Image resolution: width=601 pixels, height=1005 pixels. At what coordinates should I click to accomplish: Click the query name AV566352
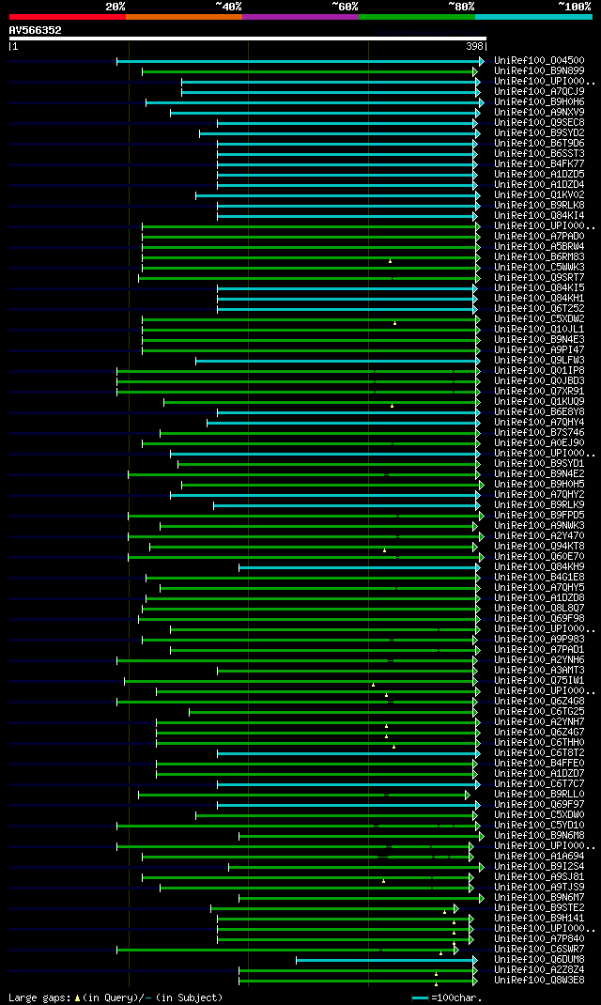(x=35, y=30)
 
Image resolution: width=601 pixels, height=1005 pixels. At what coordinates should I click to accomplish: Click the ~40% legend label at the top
(x=228, y=6)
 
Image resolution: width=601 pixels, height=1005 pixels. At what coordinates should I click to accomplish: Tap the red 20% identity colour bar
(x=67, y=16)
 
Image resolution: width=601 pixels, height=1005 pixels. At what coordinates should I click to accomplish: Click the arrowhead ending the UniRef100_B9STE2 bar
(x=455, y=908)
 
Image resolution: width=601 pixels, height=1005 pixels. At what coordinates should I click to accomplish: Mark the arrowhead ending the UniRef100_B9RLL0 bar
(x=467, y=795)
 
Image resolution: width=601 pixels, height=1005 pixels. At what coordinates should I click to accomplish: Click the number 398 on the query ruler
(x=474, y=46)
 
